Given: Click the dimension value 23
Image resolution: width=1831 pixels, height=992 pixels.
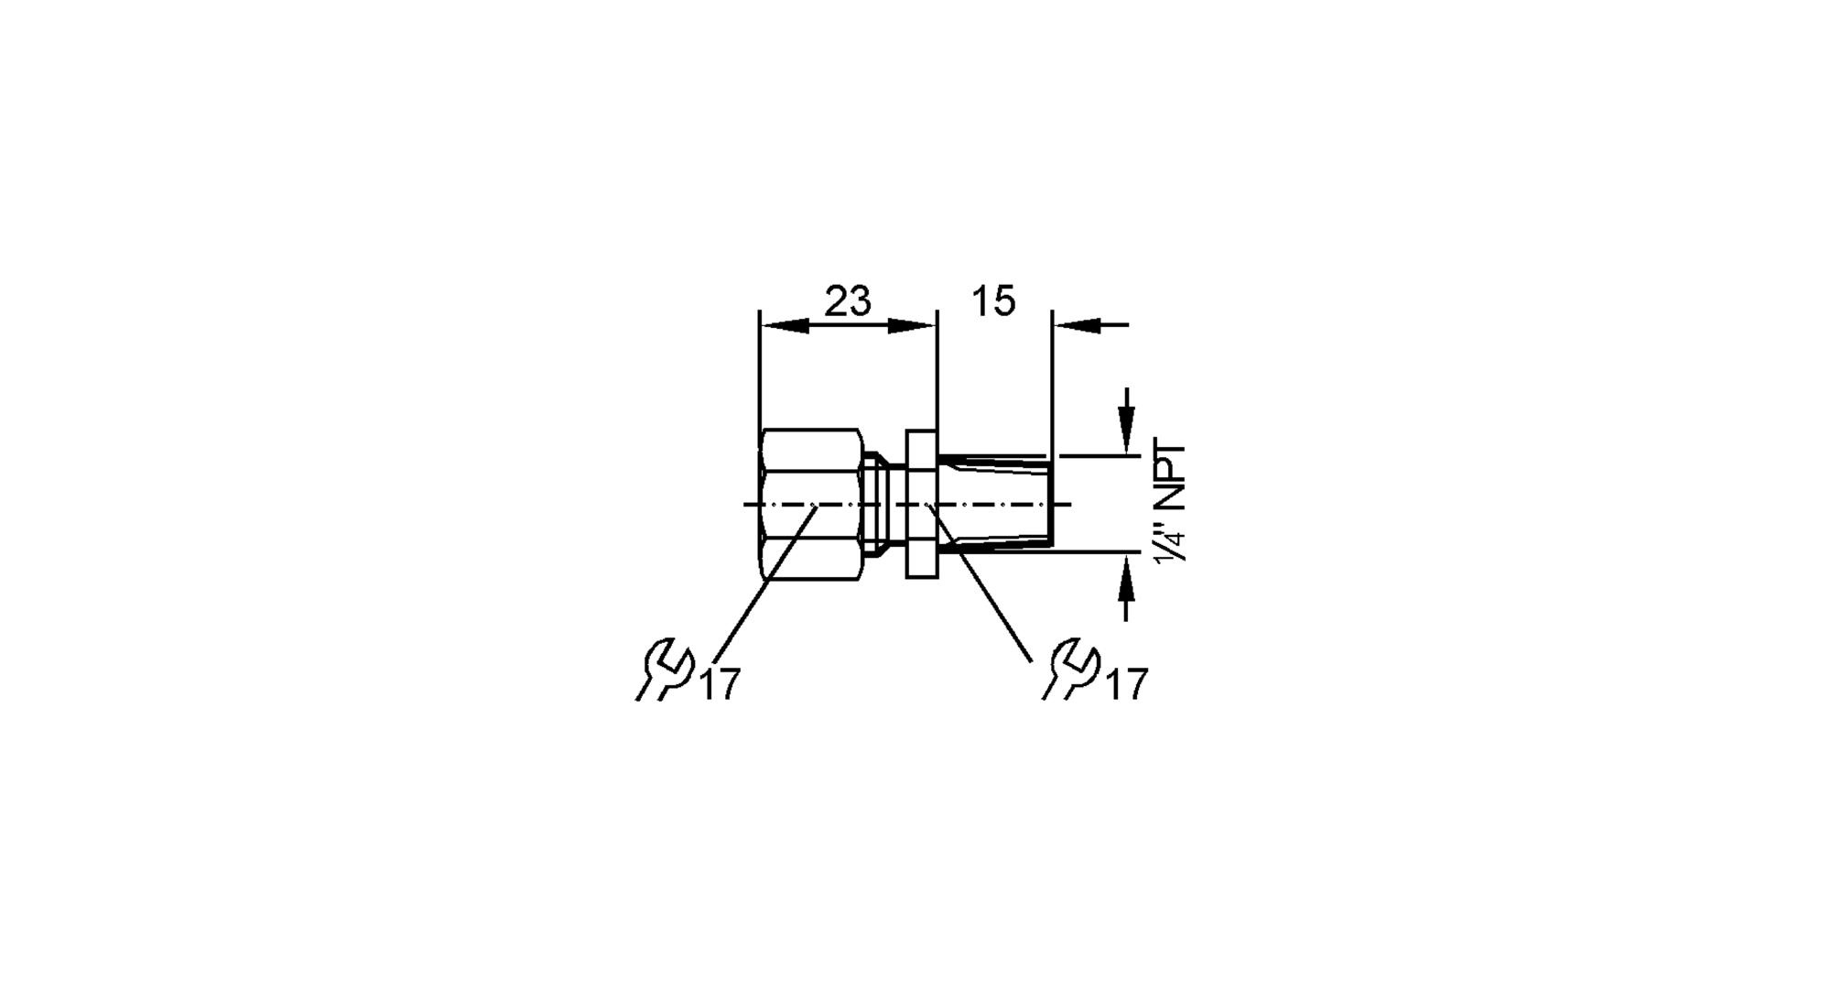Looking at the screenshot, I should tap(848, 301).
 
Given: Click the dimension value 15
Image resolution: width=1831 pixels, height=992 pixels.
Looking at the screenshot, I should tap(993, 301).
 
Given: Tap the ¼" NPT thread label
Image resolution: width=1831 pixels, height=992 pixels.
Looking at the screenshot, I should tap(1172, 504).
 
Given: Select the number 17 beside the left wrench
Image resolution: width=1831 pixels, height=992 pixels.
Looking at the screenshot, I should tap(720, 685).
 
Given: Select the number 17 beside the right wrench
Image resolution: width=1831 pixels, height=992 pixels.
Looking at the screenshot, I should tap(1127, 685).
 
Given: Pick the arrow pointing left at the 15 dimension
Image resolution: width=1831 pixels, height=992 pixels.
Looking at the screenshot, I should tap(1077, 325).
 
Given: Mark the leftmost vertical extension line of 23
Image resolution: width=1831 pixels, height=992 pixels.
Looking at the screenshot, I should tap(760, 366).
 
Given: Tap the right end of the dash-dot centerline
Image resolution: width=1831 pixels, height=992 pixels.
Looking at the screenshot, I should tap(1066, 504).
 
